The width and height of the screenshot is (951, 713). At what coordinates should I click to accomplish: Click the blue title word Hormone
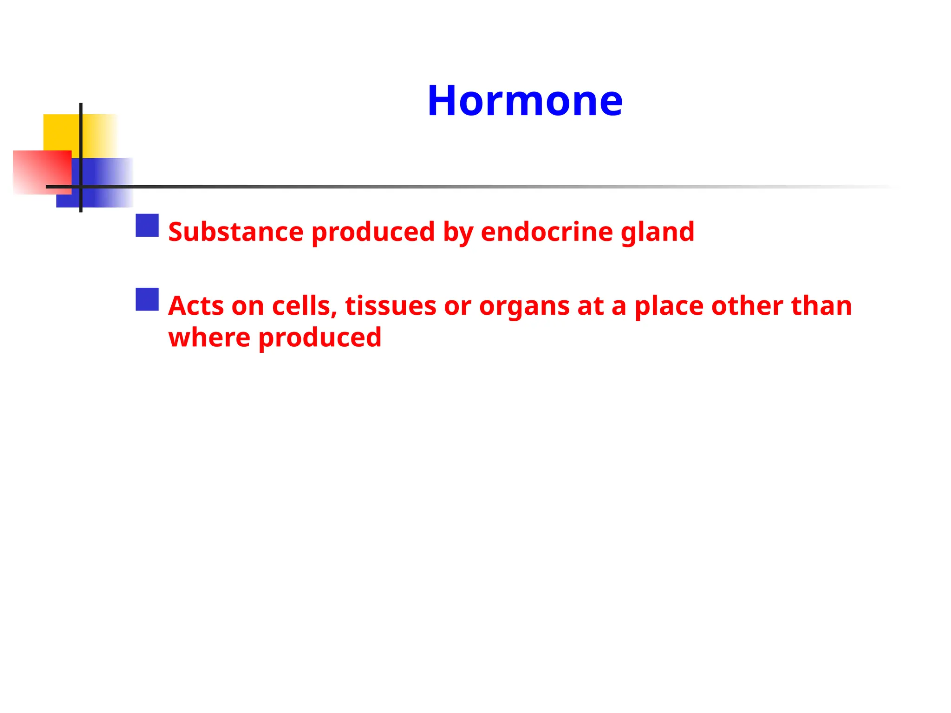point(525,101)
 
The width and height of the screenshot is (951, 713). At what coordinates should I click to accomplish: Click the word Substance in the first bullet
point(236,232)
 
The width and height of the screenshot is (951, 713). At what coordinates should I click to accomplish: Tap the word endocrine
point(547,232)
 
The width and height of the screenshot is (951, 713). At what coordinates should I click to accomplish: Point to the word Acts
point(195,306)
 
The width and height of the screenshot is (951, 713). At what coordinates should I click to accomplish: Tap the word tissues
point(391,306)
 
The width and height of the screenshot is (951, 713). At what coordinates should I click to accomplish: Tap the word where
point(209,337)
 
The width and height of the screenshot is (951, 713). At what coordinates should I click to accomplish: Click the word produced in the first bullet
point(373,233)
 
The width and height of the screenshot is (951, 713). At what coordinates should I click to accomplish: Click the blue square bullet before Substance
point(147,225)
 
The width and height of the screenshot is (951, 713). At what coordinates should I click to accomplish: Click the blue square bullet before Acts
point(147,299)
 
